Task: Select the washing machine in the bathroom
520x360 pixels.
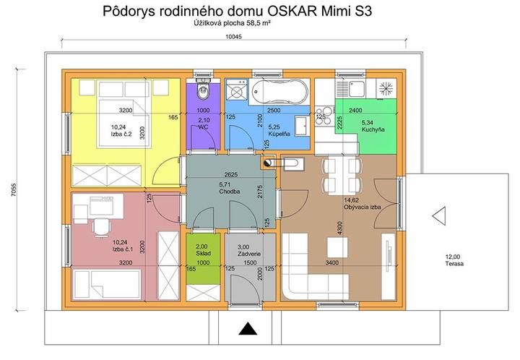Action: coord(236,89)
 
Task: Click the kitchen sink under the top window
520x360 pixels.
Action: coord(350,88)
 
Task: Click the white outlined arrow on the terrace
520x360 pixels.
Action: coord(439,216)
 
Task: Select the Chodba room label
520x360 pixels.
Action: coord(229,192)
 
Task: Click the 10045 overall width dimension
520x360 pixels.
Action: coord(234,36)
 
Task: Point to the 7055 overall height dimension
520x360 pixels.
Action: coord(14,190)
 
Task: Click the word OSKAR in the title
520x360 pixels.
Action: coord(291,11)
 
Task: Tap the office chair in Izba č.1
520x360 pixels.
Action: coord(101,227)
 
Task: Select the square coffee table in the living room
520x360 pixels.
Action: coord(337,247)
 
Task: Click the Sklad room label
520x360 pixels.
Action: coord(203,253)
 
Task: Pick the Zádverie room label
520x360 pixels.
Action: coord(249,254)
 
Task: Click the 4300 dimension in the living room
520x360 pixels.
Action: coord(339,228)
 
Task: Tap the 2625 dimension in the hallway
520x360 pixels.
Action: coord(231,174)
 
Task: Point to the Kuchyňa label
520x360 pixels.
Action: coord(373,129)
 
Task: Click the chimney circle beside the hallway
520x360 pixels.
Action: coord(267,163)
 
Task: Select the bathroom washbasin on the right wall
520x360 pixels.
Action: coord(302,126)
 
